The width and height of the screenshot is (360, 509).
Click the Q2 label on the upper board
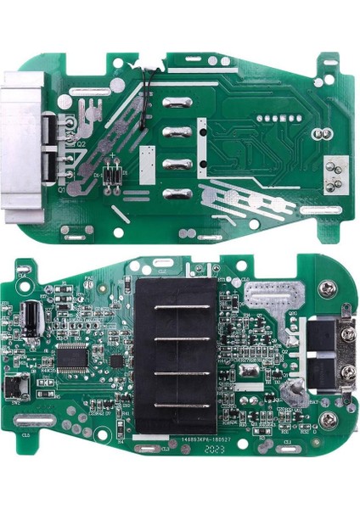[x=82, y=145]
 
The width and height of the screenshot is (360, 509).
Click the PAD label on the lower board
[x=90, y=278]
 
